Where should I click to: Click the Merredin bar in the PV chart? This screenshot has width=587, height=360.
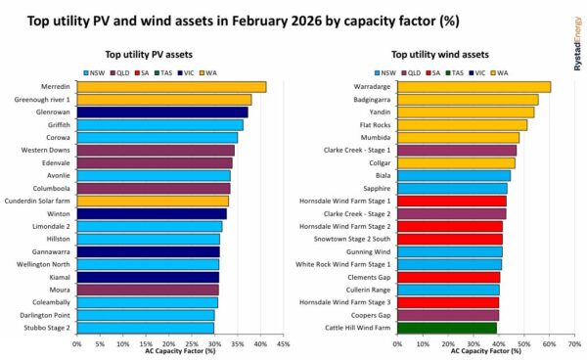coord(171,87)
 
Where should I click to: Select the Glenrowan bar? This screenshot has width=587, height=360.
coord(161,112)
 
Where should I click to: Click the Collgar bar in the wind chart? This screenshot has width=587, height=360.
coord(445,163)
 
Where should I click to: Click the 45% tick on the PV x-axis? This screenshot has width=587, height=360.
coord(283,343)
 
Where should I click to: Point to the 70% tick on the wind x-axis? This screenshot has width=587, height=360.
coord(574,343)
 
